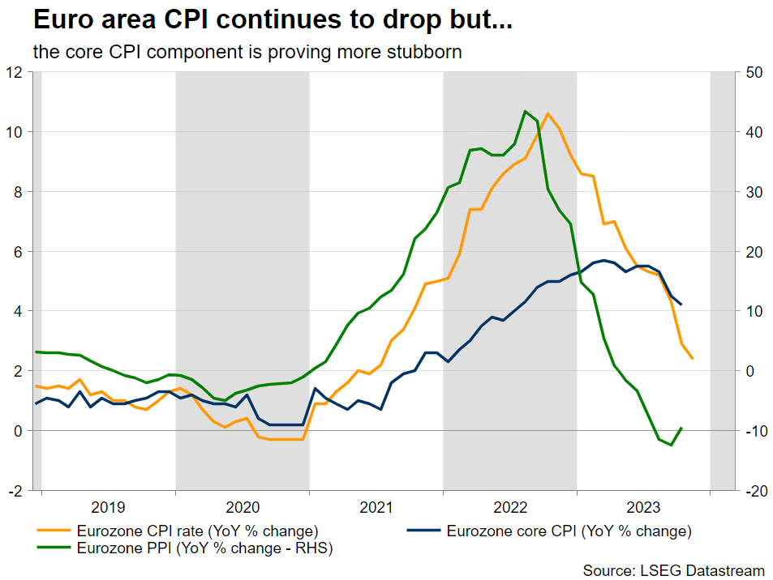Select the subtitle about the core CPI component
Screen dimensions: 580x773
pyautogui.click(x=247, y=52)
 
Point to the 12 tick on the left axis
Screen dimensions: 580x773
pyautogui.click(x=14, y=72)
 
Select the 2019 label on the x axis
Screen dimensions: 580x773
pyautogui.click(x=108, y=508)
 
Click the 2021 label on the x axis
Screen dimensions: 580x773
pyautogui.click(x=376, y=508)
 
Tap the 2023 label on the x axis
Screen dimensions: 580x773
pyautogui.click(x=643, y=508)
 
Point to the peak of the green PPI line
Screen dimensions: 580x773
pyautogui.click(x=526, y=111)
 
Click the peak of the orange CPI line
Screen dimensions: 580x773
pyautogui.click(x=548, y=114)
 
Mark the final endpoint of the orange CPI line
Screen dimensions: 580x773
pyautogui.click(x=692, y=358)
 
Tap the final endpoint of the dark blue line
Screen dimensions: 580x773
pyautogui.click(x=681, y=305)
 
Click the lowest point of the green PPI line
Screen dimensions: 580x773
pyautogui.click(x=671, y=445)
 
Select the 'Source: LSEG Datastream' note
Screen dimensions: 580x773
pyautogui.click(x=674, y=570)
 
